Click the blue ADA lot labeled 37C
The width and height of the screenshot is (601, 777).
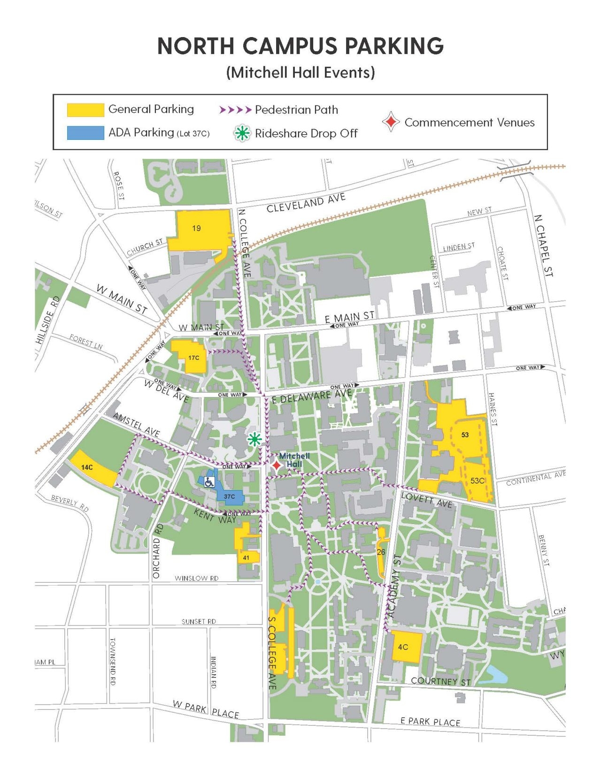(x=230, y=496)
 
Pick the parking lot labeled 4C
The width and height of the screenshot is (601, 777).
(x=403, y=647)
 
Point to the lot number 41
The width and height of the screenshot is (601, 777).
(x=246, y=557)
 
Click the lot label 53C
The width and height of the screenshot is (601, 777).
(x=478, y=481)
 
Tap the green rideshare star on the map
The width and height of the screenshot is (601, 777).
(x=254, y=439)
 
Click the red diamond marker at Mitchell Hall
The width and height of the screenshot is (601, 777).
(x=277, y=465)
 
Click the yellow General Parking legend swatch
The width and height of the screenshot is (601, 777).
(x=85, y=110)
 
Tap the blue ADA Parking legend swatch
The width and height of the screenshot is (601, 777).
(x=85, y=133)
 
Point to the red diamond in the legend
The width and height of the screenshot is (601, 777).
(x=391, y=122)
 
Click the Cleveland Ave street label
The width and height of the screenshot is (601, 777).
(x=306, y=203)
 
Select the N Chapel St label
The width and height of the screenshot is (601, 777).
(x=543, y=245)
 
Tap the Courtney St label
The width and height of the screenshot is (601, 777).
(x=440, y=681)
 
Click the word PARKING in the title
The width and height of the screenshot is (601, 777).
(x=394, y=46)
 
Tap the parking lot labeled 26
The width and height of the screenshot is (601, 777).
(x=381, y=552)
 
